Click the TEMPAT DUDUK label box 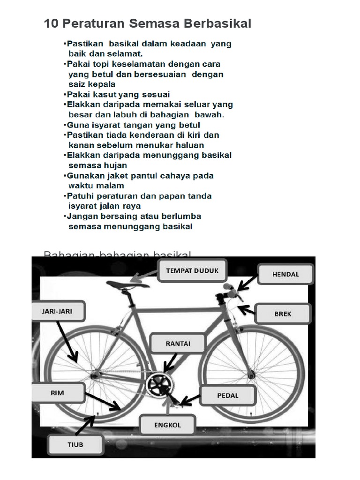tap(192, 270)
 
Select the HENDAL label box tap(285, 274)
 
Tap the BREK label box tap(283, 314)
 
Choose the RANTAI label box tap(178, 344)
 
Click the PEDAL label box tap(228, 395)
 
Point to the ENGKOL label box tap(167, 426)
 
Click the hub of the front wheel tap(252, 374)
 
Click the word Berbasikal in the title tap(217, 23)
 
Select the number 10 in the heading tap(50, 23)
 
